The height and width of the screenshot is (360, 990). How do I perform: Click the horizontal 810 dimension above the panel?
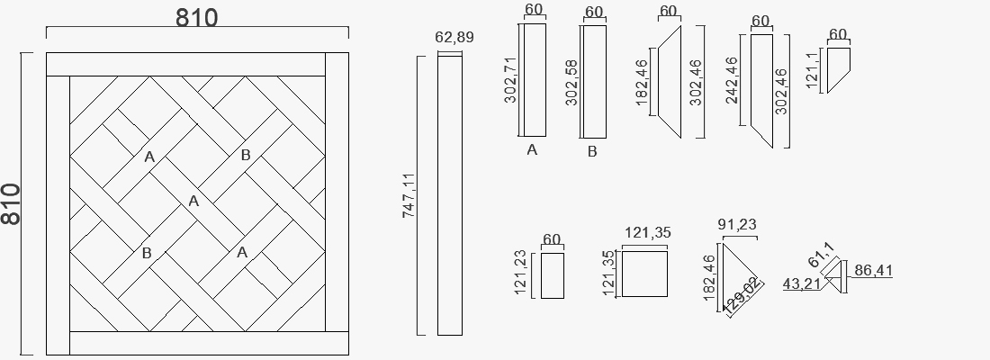click(x=196, y=18)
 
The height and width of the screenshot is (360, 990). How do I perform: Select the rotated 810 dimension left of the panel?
click(x=11, y=204)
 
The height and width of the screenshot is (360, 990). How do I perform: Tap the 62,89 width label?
click(x=454, y=37)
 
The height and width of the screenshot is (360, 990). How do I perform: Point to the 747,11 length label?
click(x=409, y=196)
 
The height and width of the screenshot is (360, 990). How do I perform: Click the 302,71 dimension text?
click(x=510, y=80)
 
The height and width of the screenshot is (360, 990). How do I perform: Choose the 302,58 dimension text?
click(x=571, y=83)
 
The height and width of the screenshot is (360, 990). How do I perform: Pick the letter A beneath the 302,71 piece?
click(x=532, y=150)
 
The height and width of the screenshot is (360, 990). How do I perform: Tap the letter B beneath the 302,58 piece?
click(x=592, y=151)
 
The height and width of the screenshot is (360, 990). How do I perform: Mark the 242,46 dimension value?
click(x=732, y=81)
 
